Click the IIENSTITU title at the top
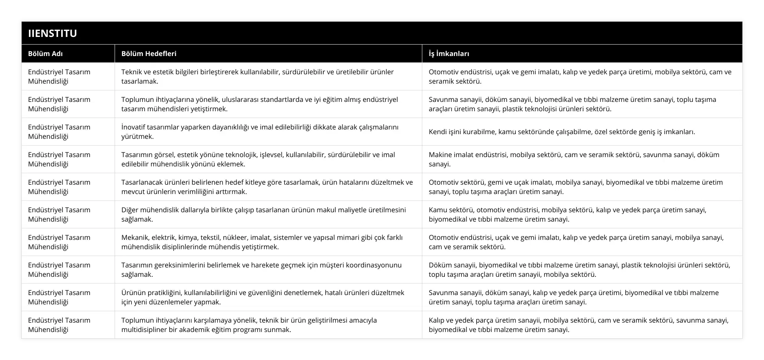point(53,34)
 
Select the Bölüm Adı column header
point(45,53)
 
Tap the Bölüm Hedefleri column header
point(149,53)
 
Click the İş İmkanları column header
point(449,53)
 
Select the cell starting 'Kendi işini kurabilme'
point(562,132)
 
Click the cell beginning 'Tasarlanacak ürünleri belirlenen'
point(267,187)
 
